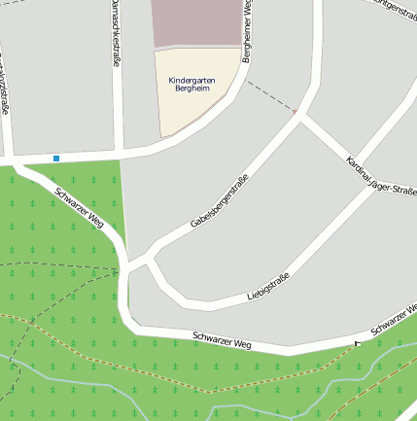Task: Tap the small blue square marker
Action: pyautogui.click(x=56, y=158)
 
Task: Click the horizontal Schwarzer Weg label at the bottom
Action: pyautogui.click(x=222, y=339)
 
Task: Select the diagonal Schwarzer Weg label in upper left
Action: pyautogui.click(x=81, y=206)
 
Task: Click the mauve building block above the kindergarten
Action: pyautogui.click(x=195, y=22)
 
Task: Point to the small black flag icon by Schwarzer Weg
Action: pyautogui.click(x=357, y=343)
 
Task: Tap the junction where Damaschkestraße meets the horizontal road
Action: pyautogui.click(x=119, y=154)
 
